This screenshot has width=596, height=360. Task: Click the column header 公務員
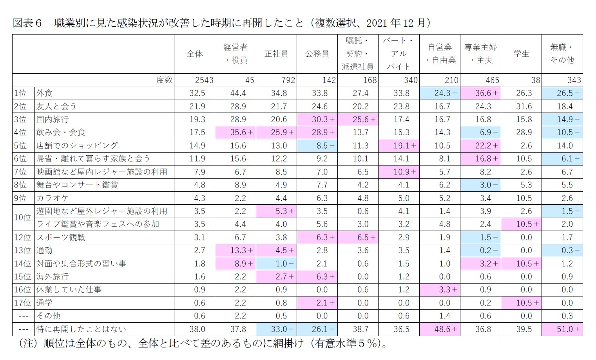pyautogui.click(x=317, y=54)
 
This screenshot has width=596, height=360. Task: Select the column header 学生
pyautogui.click(x=521, y=54)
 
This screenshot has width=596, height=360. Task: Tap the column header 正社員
pyautogui.click(x=276, y=54)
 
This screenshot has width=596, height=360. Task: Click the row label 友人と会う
pyautogui.click(x=56, y=106)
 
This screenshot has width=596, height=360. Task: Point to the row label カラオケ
pyautogui.click(x=53, y=198)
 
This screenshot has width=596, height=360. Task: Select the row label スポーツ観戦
pyautogui.click(x=61, y=237)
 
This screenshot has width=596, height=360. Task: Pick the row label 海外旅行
pyautogui.click(x=53, y=276)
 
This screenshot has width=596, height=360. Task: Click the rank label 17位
pyautogui.click(x=22, y=303)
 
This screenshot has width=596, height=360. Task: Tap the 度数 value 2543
pyautogui.click(x=204, y=80)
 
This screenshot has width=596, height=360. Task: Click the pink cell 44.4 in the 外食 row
pyautogui.click(x=238, y=93)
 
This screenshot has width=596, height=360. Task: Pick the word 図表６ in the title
pyautogui.click(x=27, y=23)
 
